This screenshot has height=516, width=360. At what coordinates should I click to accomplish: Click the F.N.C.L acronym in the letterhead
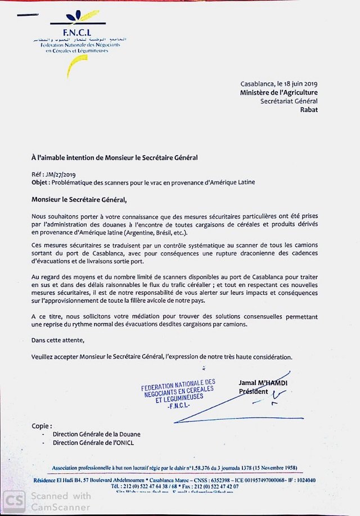pyautogui.click(x=77, y=32)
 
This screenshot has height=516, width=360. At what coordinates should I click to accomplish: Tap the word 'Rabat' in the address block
pyautogui.click(x=309, y=110)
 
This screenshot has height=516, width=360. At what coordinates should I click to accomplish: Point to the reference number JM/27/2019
pyautogui.click(x=66, y=175)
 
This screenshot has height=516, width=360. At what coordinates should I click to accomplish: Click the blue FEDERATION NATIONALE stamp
pyautogui.click(x=178, y=393)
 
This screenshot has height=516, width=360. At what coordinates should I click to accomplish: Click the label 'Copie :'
pyautogui.click(x=42, y=426)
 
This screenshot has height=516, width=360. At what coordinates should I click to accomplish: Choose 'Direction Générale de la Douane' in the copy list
pyautogui.click(x=97, y=434)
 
